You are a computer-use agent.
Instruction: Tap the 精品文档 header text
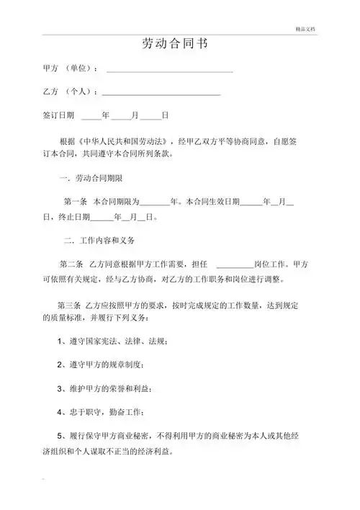(306, 28)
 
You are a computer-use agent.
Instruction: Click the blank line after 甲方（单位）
(169, 71)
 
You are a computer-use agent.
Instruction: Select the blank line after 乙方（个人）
(161, 94)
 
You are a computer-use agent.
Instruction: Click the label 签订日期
(58, 115)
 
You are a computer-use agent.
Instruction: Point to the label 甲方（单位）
(70, 68)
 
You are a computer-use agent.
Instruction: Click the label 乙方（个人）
(68, 92)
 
